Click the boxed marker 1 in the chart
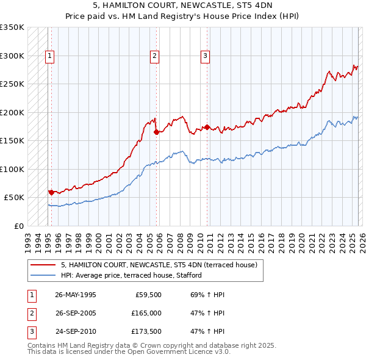tap(50, 56)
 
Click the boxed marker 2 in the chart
tap(155, 56)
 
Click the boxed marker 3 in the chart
tap(206, 56)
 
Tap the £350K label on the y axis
tap(12, 27)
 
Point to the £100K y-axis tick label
tap(12, 169)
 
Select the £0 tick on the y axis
tap(18, 226)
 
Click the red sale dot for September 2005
tap(156, 132)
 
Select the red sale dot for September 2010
tap(207, 127)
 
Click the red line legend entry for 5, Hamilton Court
tap(159, 265)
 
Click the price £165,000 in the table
tap(146, 312)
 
